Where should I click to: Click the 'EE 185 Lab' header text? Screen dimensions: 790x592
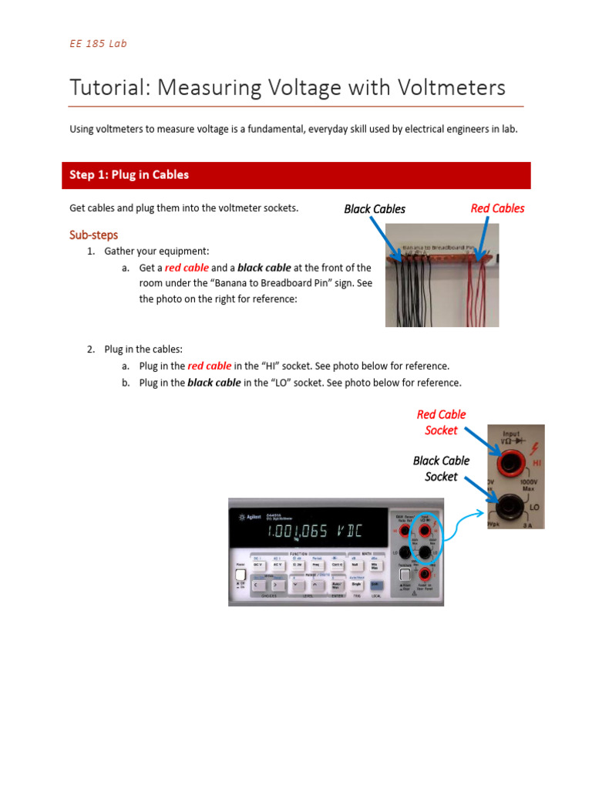pyautogui.click(x=98, y=43)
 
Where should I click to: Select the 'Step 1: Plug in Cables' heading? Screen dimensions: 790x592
pyautogui.click(x=129, y=175)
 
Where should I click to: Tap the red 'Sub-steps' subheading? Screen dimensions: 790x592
pyautogui.click(x=93, y=235)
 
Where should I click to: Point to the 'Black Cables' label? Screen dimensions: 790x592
pyautogui.click(x=375, y=209)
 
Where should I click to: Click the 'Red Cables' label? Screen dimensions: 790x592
pyautogui.click(x=497, y=208)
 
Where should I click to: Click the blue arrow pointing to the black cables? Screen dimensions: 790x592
pyautogui.click(x=384, y=236)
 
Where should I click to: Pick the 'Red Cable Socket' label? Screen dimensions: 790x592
pyautogui.click(x=441, y=423)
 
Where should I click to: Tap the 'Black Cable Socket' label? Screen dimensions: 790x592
pyautogui.click(x=441, y=468)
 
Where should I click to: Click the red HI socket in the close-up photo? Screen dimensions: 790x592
pyautogui.click(x=510, y=464)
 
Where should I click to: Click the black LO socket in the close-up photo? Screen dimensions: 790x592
pyautogui.click(x=509, y=507)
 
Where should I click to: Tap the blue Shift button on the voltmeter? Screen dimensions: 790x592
pyautogui.click(x=375, y=585)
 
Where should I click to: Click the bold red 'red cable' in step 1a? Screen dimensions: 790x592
pyautogui.click(x=187, y=268)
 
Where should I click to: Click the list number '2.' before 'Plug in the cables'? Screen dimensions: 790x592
pyautogui.click(x=90, y=349)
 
